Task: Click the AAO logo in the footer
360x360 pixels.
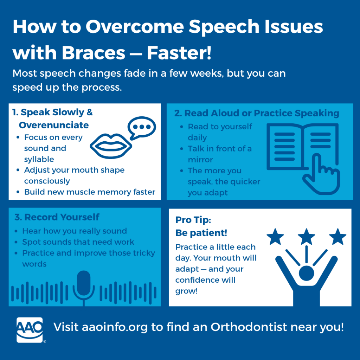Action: pyautogui.click(x=30, y=330)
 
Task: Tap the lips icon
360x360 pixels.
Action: pyautogui.click(x=111, y=146)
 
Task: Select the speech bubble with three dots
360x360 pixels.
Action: pyautogui.click(x=142, y=128)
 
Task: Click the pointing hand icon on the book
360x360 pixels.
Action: pyautogui.click(x=321, y=174)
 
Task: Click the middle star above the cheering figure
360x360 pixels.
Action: pyautogui.click(x=306, y=237)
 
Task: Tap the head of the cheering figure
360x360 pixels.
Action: pyautogui.click(x=306, y=273)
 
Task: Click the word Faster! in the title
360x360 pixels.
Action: pyautogui.click(x=179, y=53)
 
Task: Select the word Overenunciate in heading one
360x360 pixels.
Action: pyautogui.click(x=54, y=125)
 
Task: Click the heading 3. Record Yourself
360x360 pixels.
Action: pyautogui.click(x=57, y=217)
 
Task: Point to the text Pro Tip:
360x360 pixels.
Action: pyautogui.click(x=193, y=220)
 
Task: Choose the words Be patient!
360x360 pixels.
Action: pyautogui.click(x=201, y=233)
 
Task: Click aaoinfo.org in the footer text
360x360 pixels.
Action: pyautogui.click(x=115, y=327)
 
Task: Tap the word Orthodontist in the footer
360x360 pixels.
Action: pyautogui.click(x=249, y=327)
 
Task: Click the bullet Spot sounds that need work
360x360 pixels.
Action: pyautogui.click(x=78, y=242)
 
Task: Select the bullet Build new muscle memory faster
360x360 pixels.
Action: pyautogui.click(x=90, y=192)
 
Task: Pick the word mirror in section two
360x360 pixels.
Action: pyautogui.click(x=200, y=160)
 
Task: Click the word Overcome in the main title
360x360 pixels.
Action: pyautogui.click(x=135, y=27)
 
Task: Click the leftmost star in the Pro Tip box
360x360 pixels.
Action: pyautogui.click(x=275, y=237)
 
